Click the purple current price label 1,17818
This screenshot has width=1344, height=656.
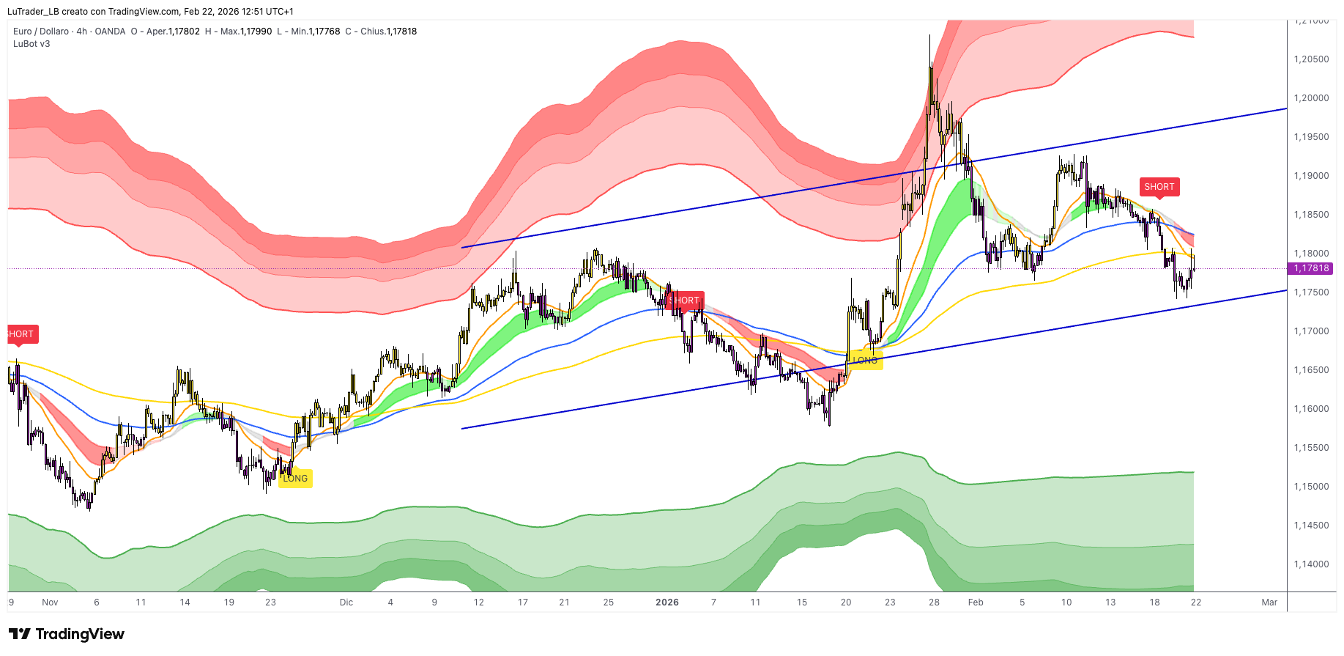[1310, 268]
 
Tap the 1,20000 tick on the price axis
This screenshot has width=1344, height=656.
[1311, 98]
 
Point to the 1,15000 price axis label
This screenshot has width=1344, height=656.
[1311, 487]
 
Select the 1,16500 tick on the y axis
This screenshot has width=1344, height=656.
[1311, 370]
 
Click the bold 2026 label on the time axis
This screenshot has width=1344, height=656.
[667, 602]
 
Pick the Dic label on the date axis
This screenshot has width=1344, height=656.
[346, 602]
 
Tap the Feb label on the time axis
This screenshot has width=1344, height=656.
[976, 602]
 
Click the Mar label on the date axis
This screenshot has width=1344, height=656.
[1269, 602]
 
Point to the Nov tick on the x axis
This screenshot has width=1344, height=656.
[50, 602]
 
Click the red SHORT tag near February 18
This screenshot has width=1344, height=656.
[1159, 187]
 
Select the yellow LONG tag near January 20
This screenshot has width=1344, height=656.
[865, 361]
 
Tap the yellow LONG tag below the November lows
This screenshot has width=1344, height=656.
[295, 479]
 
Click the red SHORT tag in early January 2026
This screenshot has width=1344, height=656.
[685, 301]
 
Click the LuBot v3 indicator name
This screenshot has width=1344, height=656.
[31, 44]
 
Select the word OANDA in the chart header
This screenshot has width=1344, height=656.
[110, 32]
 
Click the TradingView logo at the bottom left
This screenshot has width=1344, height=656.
[67, 634]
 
